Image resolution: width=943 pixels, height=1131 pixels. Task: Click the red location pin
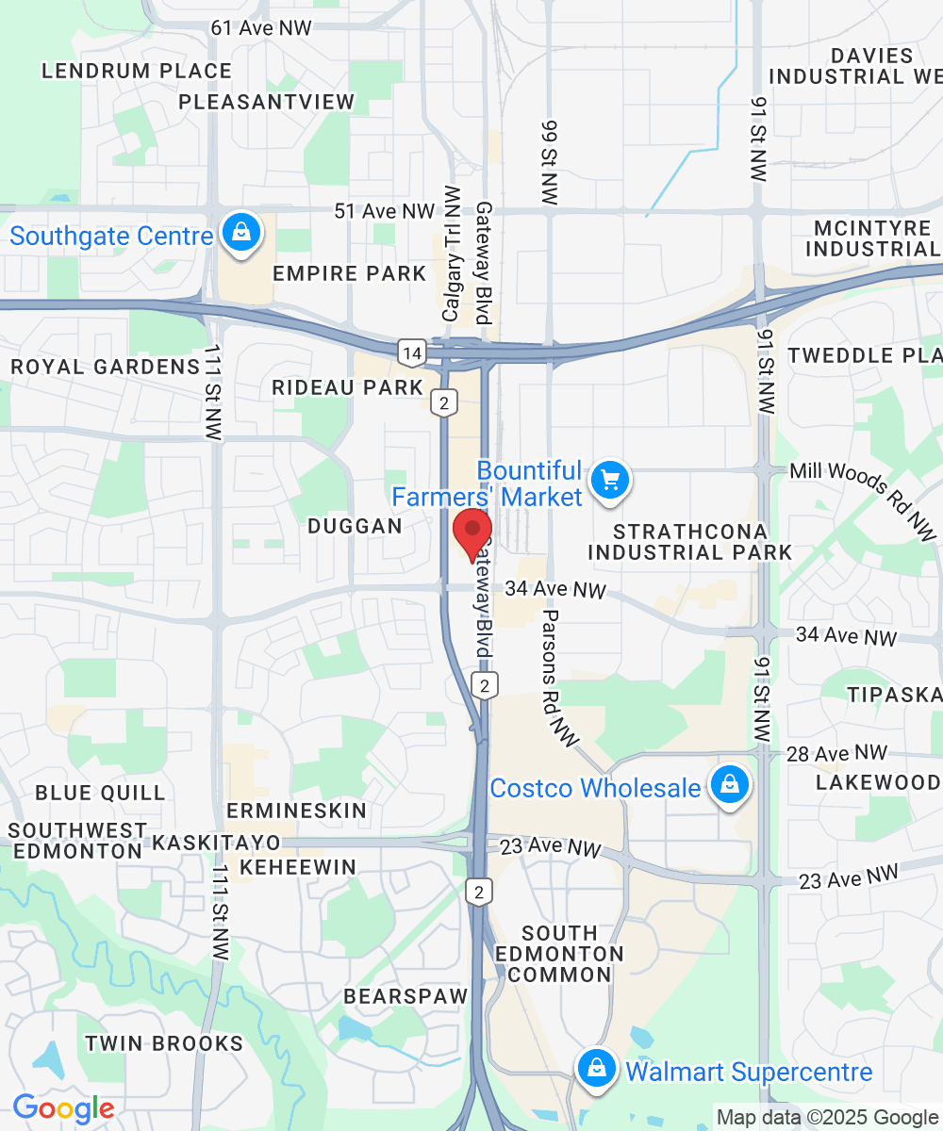pos(472,533)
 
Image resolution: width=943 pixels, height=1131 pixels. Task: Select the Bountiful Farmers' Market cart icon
pos(609,482)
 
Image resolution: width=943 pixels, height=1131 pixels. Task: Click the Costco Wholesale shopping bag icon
pos(729,785)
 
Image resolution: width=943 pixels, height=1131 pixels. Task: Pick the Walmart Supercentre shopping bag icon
pos(596,1070)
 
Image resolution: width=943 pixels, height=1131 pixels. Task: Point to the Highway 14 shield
pos(412,353)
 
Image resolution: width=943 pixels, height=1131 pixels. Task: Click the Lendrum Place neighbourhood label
pos(137,71)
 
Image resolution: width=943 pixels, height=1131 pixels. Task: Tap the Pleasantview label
pos(267,102)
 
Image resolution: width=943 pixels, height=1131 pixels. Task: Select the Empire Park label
pos(350,274)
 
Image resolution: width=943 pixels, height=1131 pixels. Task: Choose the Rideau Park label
pos(348,387)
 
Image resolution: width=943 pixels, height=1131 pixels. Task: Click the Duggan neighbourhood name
pos(356,526)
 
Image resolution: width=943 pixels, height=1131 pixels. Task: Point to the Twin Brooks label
pos(164,1043)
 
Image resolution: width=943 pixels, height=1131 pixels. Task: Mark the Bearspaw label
pos(405,996)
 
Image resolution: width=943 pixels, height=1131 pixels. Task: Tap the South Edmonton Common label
pos(560,954)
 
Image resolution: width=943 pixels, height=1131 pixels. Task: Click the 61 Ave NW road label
pos(261,28)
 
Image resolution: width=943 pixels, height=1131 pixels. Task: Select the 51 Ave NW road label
pos(385,211)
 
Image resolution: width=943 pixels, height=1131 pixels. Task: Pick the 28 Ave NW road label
pos(836,754)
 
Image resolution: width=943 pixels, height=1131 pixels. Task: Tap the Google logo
pos(63,1109)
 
